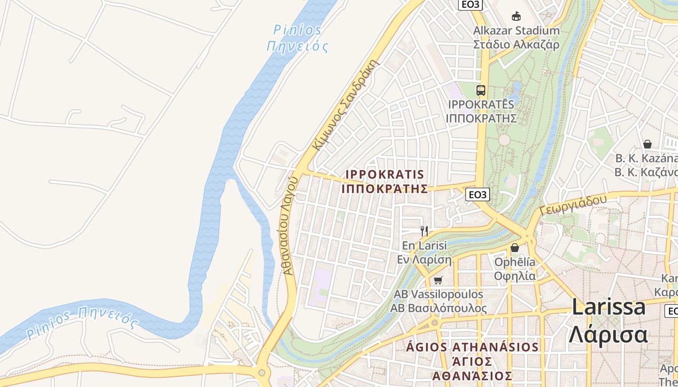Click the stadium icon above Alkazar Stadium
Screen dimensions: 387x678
pyautogui.click(x=516, y=16)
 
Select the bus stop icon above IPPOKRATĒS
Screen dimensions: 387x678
pyautogui.click(x=481, y=90)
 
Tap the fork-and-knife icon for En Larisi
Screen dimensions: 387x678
pyautogui.click(x=424, y=231)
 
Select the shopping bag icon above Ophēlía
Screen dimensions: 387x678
pyautogui.click(x=515, y=248)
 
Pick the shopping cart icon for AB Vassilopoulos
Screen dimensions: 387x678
pyautogui.click(x=438, y=280)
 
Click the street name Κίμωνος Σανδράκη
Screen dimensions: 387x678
pyautogui.click(x=345, y=104)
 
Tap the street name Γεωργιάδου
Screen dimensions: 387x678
pyautogui.click(x=573, y=205)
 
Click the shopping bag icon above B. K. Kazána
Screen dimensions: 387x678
pyautogui.click(x=647, y=144)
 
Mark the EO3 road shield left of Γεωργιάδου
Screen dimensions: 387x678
pyautogui.click(x=478, y=194)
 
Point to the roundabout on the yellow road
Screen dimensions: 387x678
pyautogui.click(x=262, y=372)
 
